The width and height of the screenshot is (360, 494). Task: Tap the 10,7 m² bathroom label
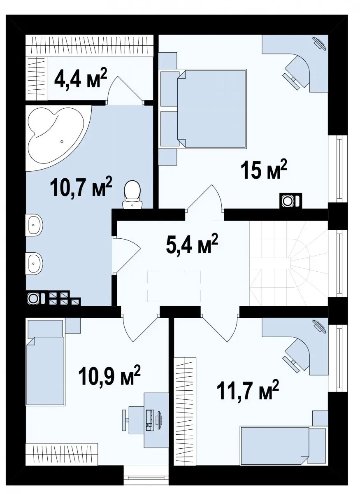(x=81, y=186)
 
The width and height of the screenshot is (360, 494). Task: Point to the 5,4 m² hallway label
(x=192, y=245)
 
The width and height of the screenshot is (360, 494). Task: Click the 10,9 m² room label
(x=109, y=375)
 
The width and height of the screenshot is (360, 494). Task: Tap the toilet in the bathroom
(x=132, y=195)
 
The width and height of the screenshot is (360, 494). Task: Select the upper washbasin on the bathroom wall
(x=35, y=225)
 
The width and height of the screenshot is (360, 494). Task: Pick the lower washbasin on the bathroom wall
(x=35, y=263)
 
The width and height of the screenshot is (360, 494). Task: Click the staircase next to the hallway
(x=289, y=263)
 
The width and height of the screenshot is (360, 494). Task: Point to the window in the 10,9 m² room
(x=146, y=483)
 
